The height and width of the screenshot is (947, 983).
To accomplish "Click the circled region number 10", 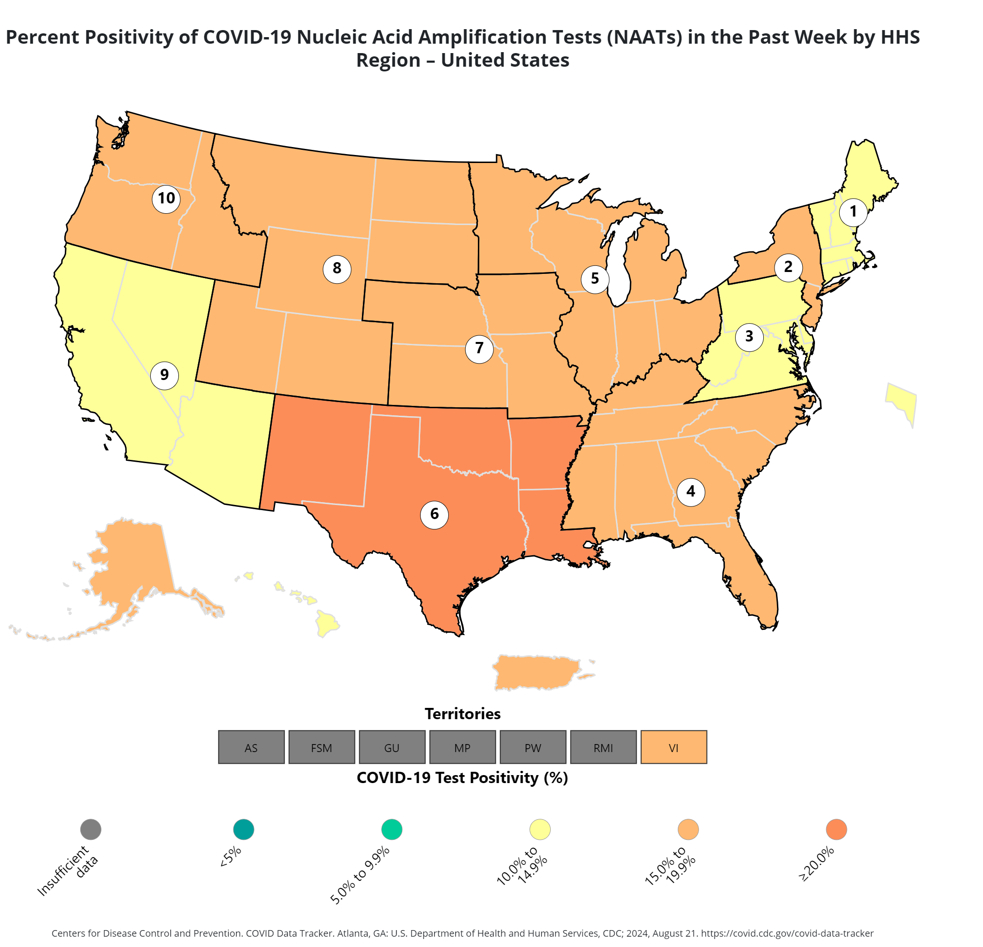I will tap(167, 199).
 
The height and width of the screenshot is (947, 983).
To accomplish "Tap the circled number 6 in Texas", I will tap(434, 514).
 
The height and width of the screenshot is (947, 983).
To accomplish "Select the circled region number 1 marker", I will tap(853, 212).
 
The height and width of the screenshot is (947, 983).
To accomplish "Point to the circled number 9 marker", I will tap(164, 375).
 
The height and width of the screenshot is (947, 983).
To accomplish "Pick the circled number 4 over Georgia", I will tap(691, 491).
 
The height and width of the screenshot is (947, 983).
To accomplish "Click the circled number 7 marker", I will tap(479, 348).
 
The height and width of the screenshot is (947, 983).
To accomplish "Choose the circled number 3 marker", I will tap(749, 336).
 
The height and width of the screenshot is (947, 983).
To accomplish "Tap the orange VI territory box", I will tap(674, 747).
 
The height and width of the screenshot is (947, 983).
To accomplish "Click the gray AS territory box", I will tap(251, 747).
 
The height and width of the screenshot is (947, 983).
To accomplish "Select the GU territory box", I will tap(392, 747).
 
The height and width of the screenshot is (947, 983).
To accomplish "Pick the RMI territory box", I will tap(603, 747).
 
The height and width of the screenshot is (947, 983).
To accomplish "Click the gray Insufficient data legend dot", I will tap(91, 829).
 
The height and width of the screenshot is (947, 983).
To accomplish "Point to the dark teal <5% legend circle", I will tap(244, 829).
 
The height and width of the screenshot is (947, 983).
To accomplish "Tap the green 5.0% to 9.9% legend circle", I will tap(392, 829).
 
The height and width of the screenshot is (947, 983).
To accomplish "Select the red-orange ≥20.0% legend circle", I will tap(836, 829).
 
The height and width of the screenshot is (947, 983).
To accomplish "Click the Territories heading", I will tap(462, 714).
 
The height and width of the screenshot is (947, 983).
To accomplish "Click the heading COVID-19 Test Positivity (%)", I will tap(462, 777).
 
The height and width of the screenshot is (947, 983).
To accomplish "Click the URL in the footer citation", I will tap(787, 933).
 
